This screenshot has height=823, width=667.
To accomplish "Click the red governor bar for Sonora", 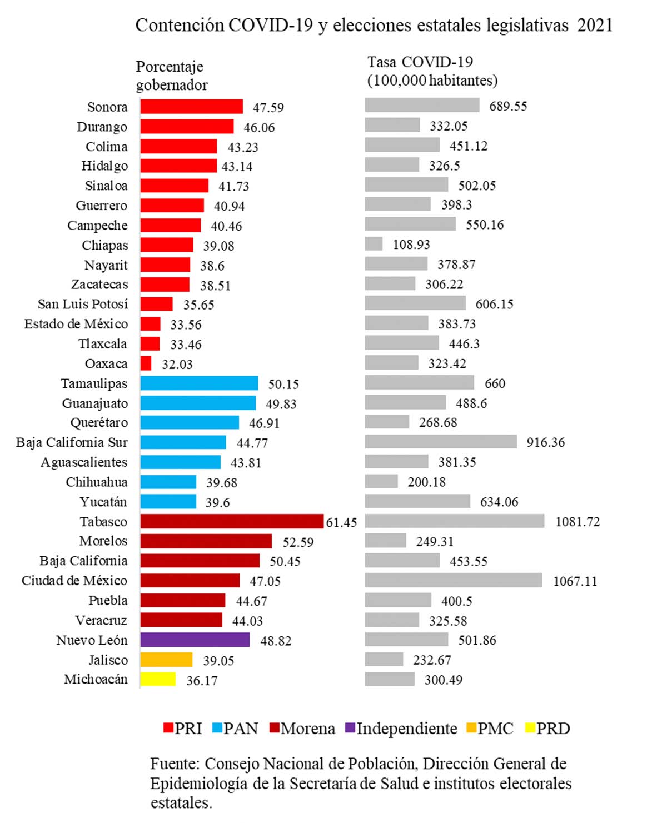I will [191, 107].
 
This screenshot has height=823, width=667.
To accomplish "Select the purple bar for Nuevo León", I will [195, 640].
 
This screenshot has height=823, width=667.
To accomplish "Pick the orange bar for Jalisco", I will [166, 660].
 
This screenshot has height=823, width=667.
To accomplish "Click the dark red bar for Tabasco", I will [232, 522].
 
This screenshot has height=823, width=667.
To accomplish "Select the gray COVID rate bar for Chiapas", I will [374, 245].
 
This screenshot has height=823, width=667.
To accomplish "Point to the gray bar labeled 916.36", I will [441, 442].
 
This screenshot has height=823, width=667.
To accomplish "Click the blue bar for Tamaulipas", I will [199, 383].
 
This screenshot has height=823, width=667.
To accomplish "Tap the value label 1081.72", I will [578, 522].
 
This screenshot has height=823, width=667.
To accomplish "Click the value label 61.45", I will [341, 523].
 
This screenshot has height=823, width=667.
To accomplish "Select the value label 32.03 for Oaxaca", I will [177, 365].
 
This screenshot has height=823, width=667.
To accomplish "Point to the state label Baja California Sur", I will [72, 443].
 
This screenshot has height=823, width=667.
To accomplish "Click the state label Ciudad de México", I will [74, 581].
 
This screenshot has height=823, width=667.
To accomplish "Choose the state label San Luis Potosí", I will [83, 305].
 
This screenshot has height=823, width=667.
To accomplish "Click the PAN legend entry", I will [235, 729].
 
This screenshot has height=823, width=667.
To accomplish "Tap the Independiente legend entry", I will [401, 729].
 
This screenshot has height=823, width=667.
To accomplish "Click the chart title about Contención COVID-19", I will [374, 26].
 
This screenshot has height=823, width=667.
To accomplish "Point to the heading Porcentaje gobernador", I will [172, 76].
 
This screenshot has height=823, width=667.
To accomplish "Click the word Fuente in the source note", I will [173, 764].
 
